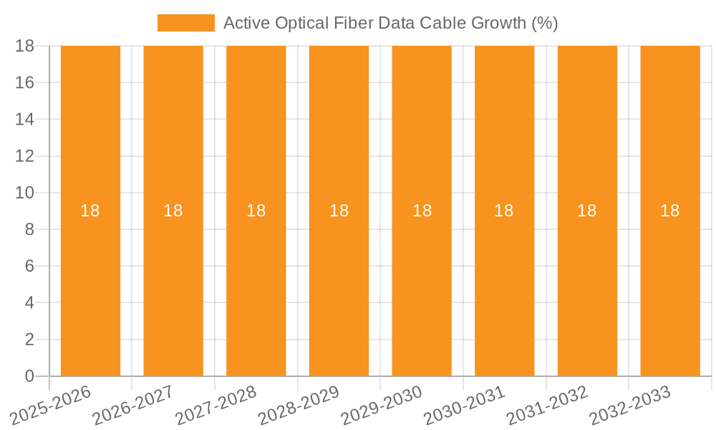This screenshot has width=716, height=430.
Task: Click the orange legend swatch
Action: [185, 23]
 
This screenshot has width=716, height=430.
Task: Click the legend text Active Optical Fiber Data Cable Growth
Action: [390, 23]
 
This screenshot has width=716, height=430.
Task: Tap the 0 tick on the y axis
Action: [29, 376]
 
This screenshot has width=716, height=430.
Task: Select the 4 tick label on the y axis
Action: [29, 303]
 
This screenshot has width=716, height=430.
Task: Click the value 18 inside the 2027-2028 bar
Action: [256, 211]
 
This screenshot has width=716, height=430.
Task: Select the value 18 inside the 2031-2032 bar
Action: [587, 211]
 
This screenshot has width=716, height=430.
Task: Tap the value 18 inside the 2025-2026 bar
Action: [90, 211]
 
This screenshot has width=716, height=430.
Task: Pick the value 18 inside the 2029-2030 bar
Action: [422, 211]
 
